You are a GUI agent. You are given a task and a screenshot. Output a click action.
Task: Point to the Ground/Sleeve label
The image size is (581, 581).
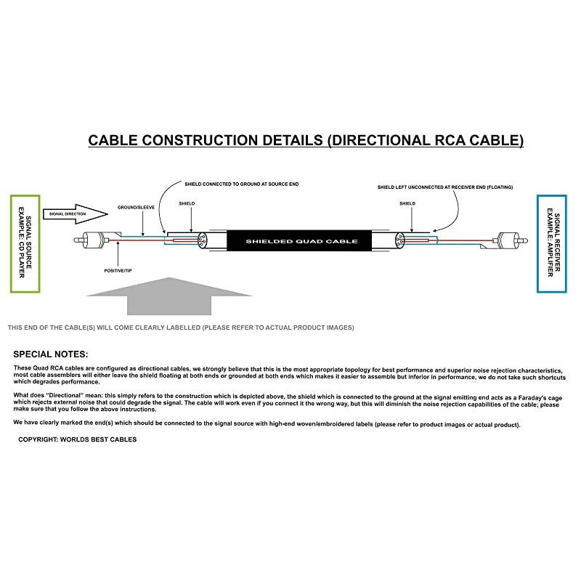(137, 208)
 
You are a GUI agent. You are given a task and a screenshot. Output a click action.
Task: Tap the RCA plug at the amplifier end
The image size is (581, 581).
(505, 239)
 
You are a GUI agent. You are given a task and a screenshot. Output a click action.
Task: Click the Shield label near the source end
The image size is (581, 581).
(187, 204)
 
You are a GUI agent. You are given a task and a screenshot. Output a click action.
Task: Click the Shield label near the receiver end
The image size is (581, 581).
(408, 204)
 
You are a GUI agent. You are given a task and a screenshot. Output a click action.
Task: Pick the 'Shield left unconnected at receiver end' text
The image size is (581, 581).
(444, 187)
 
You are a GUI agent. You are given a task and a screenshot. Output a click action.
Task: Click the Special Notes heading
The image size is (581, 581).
(51, 354)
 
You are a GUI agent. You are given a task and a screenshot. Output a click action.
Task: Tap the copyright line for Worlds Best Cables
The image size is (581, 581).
(77, 439)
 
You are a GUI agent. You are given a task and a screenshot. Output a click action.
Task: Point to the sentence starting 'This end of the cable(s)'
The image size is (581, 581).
(181, 328)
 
